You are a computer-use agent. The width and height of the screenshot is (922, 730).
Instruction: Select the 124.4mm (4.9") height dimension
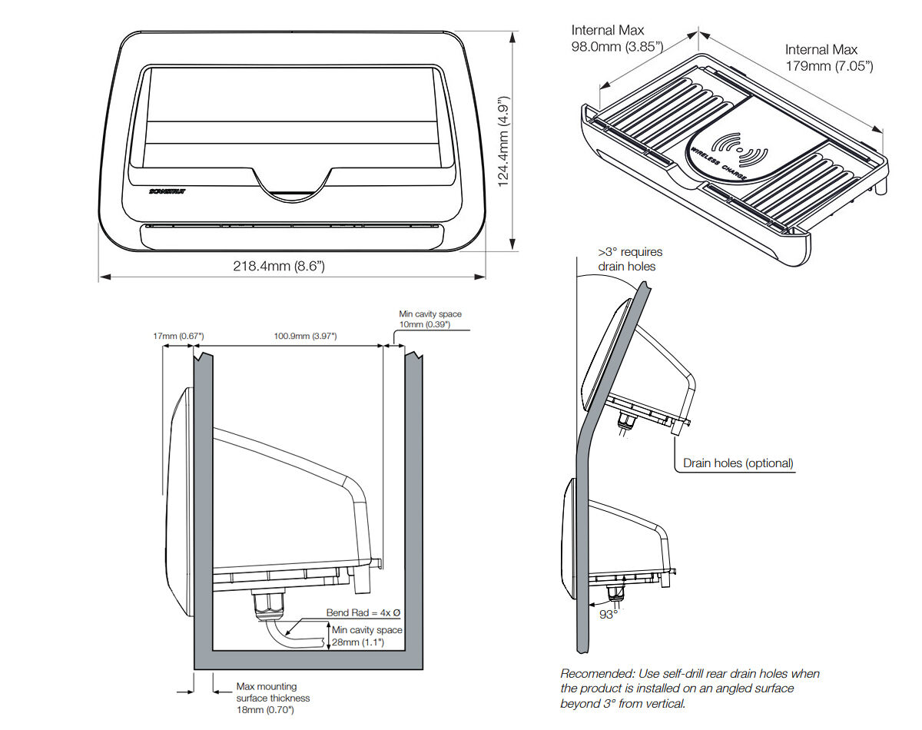point(504,141)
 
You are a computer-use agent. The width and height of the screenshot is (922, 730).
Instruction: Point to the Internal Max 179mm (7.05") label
point(829,58)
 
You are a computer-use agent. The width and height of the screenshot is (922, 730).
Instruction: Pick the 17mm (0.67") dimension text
point(177,337)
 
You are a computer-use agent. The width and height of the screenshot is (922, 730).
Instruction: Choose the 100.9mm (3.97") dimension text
point(305,337)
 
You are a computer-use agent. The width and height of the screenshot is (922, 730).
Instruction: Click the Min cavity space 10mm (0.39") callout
point(430,320)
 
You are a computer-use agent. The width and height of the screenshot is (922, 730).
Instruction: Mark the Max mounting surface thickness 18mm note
point(274,698)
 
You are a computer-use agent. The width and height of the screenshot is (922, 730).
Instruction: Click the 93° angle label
point(608,614)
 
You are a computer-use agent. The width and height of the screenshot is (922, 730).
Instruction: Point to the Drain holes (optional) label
point(738,463)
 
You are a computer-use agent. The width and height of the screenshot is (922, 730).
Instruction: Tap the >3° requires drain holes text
point(630,259)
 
